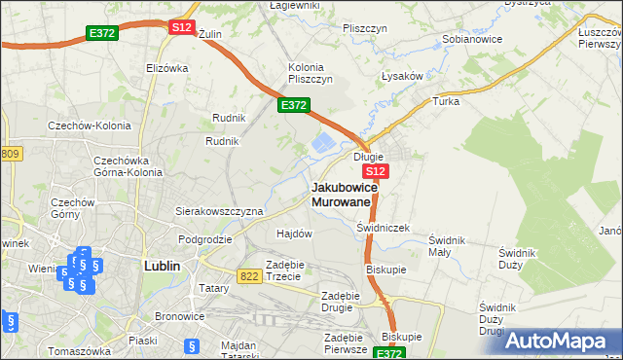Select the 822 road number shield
pos(249,276)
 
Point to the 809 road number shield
pos(10,154)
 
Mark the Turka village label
pos(446,100)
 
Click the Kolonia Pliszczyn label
pos(311,73)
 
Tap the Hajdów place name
pos(294,234)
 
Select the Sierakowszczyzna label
pos(219,210)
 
